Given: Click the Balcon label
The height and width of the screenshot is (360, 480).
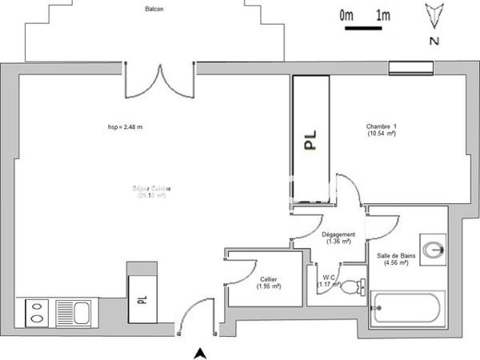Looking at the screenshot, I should pos(156,10).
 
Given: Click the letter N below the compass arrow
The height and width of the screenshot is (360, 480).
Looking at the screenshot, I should pos(433,40).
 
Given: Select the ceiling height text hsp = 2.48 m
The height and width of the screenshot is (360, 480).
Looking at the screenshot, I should pos(125,126).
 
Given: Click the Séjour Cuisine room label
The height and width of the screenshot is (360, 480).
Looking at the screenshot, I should pos(152,192).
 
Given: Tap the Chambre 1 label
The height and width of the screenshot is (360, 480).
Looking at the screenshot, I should pos(382,130).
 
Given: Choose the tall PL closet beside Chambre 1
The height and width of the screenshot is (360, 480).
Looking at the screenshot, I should pos(311,140).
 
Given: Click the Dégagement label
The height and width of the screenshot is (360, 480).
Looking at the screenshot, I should pos(338,238).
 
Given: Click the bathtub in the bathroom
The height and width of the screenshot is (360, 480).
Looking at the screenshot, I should pos(406,308).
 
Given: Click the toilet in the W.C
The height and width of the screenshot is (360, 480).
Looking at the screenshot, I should pos(353,287).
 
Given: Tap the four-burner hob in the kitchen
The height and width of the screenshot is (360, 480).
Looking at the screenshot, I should pos(36,310).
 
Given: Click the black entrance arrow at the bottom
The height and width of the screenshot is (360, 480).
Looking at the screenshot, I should pos(202,352).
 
